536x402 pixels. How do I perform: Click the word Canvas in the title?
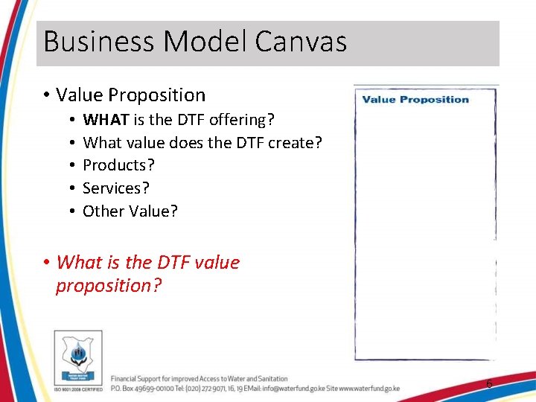click(x=301, y=42)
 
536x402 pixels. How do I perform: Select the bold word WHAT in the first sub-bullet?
click(x=104, y=120)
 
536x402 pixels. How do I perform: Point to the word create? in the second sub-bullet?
click(x=295, y=143)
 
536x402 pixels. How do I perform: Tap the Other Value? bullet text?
click(x=130, y=211)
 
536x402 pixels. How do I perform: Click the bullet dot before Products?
click(x=70, y=165)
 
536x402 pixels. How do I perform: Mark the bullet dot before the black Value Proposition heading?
click(x=46, y=95)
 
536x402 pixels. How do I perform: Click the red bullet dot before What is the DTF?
click(x=46, y=263)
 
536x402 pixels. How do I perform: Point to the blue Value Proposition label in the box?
click(x=415, y=100)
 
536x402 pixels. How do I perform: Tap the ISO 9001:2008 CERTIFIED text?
click(x=77, y=389)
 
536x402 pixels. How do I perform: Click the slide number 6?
click(x=488, y=384)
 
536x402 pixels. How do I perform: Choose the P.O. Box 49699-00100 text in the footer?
click(x=141, y=389)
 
